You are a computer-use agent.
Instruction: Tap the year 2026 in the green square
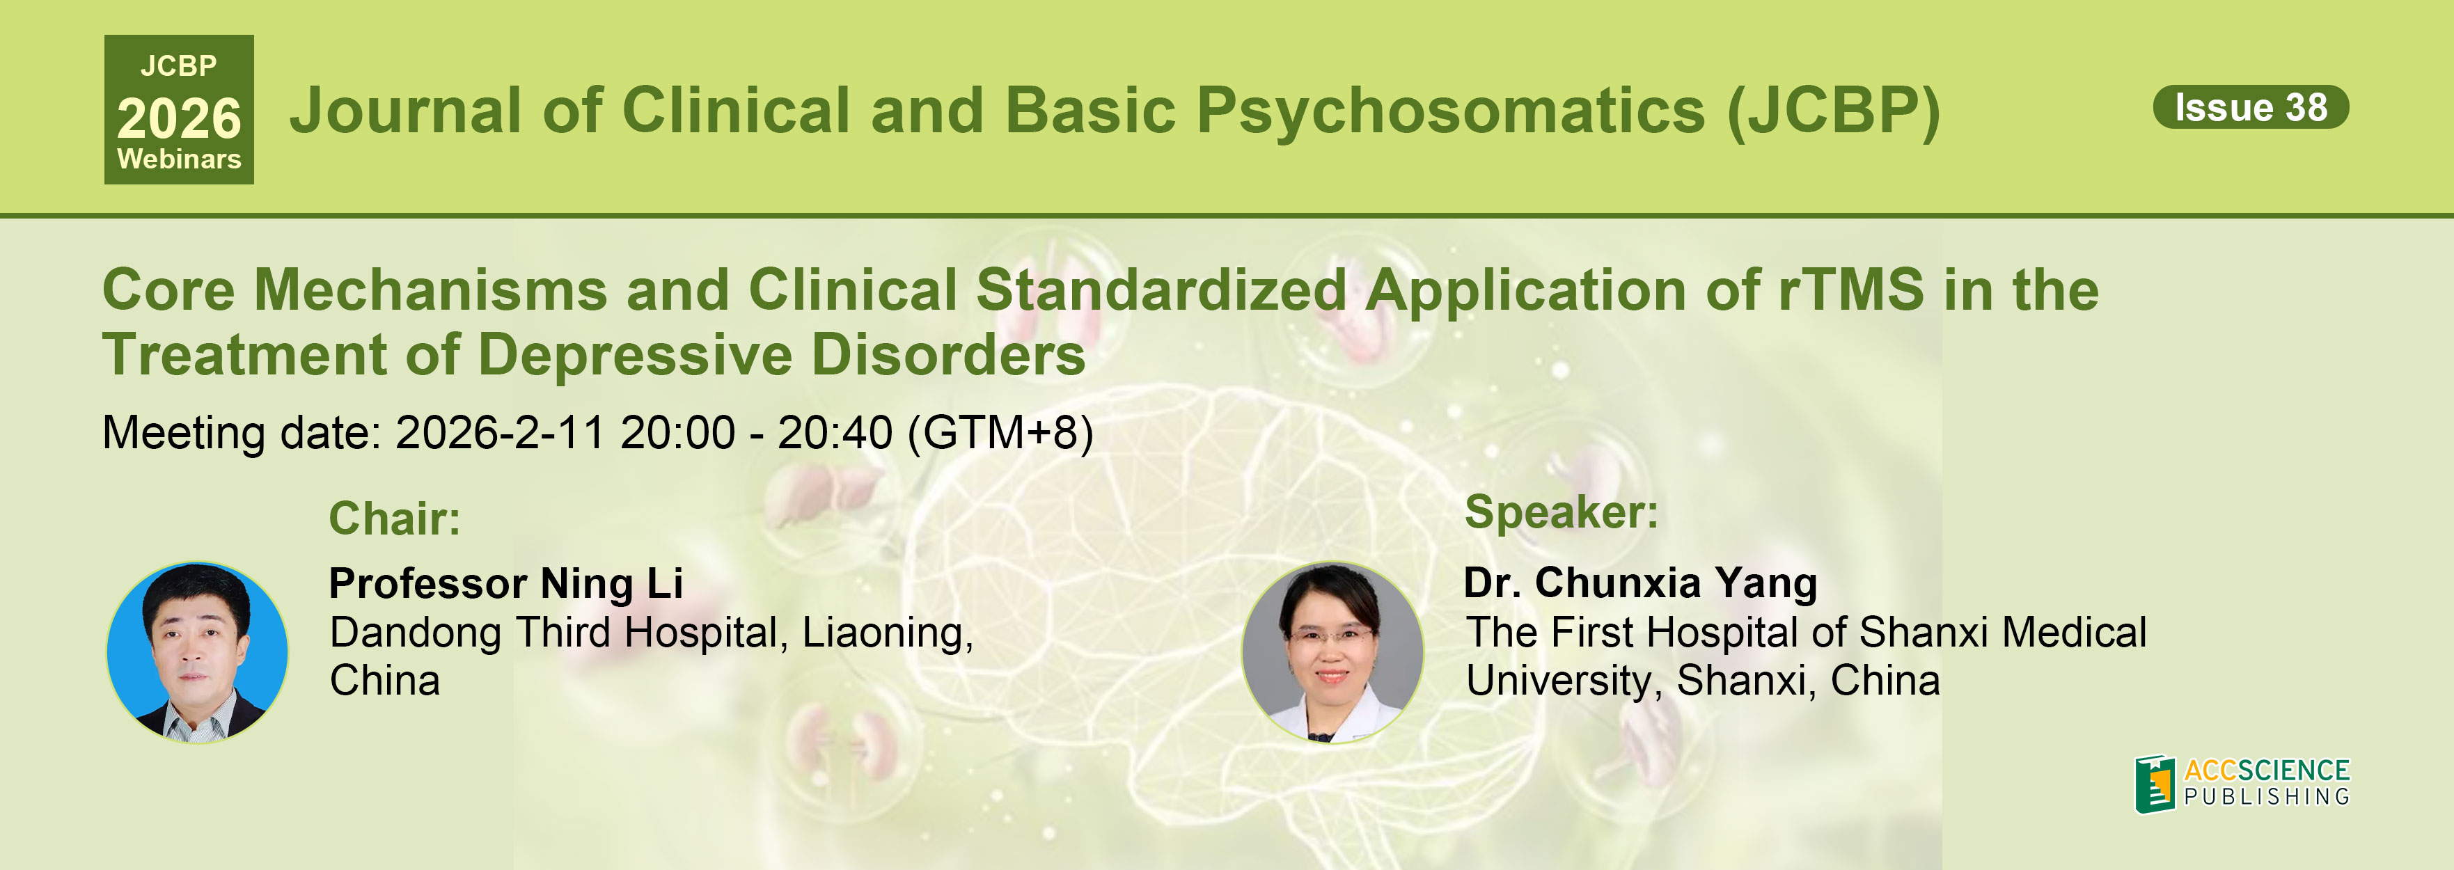(179, 119)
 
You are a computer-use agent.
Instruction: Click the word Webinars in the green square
(179, 159)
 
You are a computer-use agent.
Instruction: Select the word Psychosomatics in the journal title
(1451, 111)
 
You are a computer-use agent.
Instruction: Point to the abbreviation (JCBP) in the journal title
(1834, 111)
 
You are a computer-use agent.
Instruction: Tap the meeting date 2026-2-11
(499, 433)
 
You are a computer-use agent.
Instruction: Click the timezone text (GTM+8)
(1000, 433)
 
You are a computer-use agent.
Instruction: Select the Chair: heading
(395, 519)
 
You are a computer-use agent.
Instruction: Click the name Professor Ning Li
(506, 583)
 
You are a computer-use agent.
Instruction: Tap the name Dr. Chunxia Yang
(1640, 583)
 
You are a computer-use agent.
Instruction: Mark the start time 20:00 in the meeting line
(677, 433)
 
